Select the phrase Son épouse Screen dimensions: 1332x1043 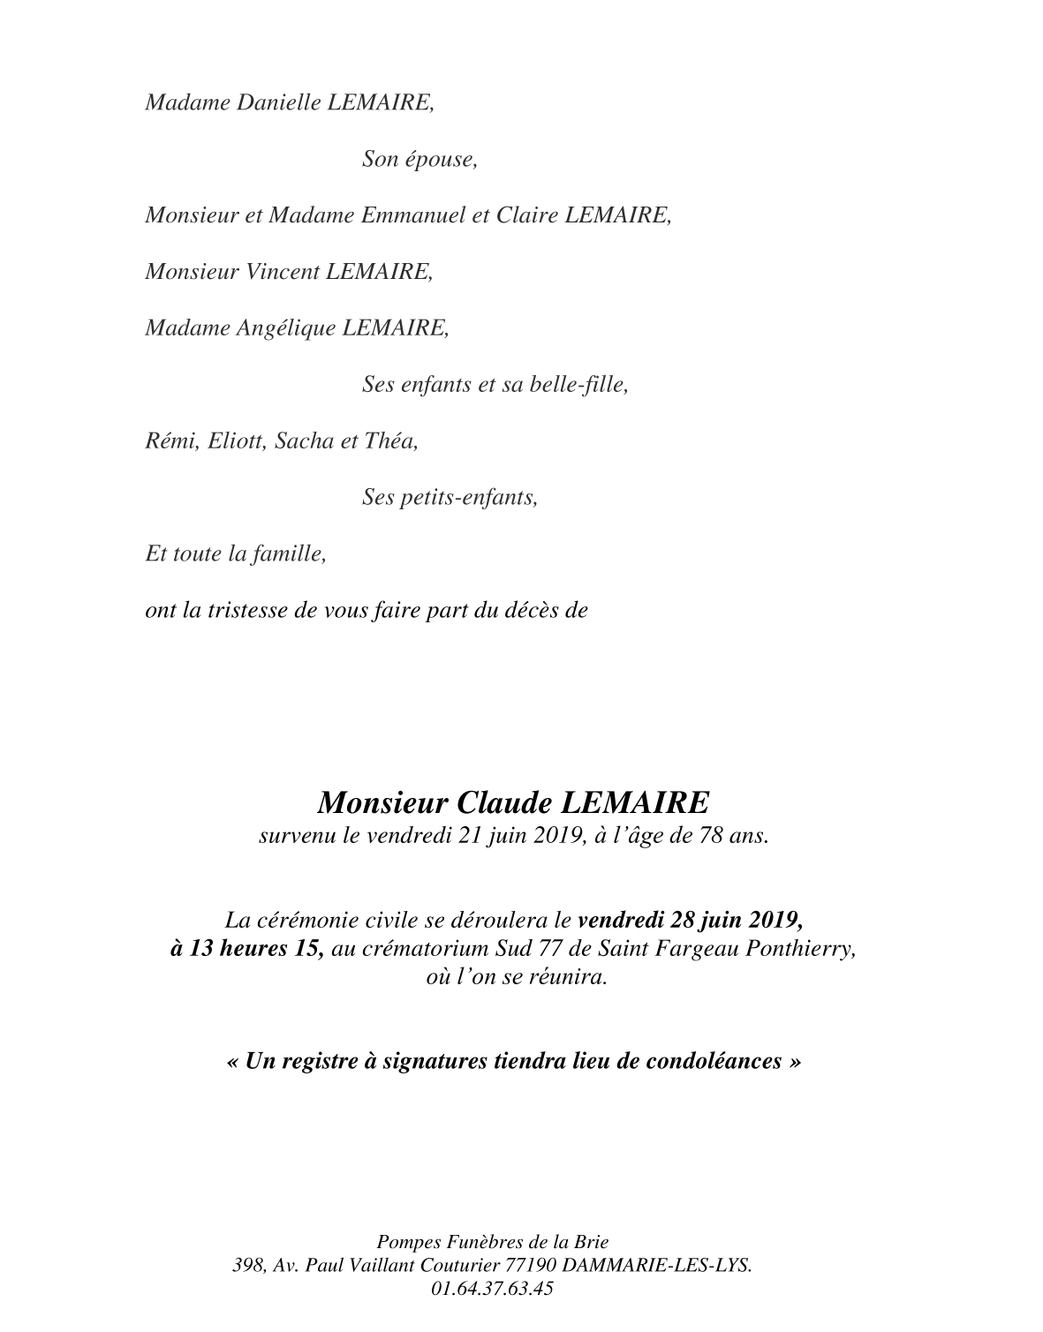(419, 160)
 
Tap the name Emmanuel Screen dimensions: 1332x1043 (412, 215)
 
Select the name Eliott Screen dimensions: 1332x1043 (236, 441)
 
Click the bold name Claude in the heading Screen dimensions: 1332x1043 (504, 802)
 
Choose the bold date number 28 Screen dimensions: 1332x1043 (681, 919)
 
